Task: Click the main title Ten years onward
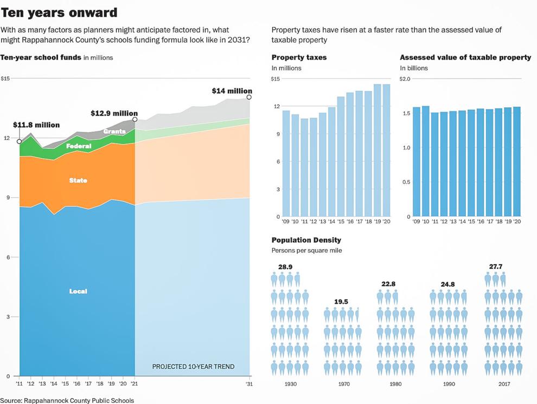(x=59, y=12)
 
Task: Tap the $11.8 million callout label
(x=36, y=125)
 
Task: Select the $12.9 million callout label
(x=114, y=113)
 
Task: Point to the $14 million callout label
(x=232, y=91)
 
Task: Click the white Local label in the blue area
(x=78, y=291)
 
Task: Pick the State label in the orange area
(x=78, y=180)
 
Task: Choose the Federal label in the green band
(x=78, y=146)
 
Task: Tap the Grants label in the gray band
(x=114, y=132)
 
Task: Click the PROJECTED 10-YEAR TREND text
(x=193, y=367)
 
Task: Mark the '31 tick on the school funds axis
(x=249, y=384)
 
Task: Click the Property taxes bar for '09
(x=286, y=164)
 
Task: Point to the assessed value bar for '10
(x=425, y=161)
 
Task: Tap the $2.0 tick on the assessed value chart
(x=406, y=79)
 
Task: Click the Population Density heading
(x=306, y=240)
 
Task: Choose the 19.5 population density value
(x=341, y=302)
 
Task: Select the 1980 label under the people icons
(x=396, y=384)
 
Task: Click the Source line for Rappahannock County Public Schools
(x=67, y=401)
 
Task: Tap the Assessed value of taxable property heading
(x=465, y=57)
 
